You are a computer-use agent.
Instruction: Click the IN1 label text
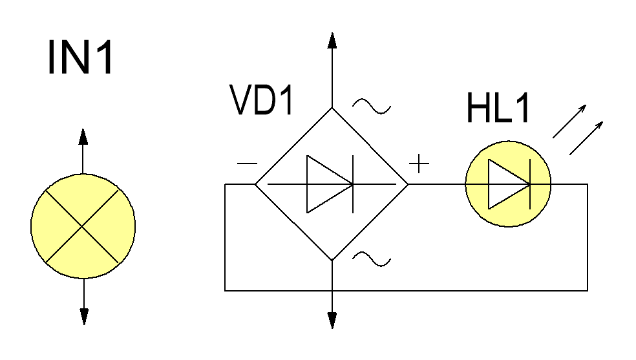pyautogui.click(x=80, y=57)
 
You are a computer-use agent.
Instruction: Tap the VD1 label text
pyautogui.click(x=262, y=100)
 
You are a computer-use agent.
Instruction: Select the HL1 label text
pyautogui.click(x=498, y=107)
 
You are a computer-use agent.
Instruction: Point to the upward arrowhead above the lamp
pyautogui.click(x=83, y=136)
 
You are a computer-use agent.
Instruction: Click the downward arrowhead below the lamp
pyautogui.click(x=84, y=317)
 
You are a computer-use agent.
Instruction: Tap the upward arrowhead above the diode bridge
pyautogui.click(x=332, y=41)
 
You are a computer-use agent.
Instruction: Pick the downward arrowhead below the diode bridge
pyautogui.click(x=332, y=321)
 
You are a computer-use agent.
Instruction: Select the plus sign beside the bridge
pyautogui.click(x=419, y=164)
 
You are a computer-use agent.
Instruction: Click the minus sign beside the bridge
pyautogui.click(x=247, y=164)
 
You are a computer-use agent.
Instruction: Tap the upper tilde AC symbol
pyautogui.click(x=372, y=106)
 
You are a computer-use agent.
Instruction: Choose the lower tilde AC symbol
pyautogui.click(x=372, y=259)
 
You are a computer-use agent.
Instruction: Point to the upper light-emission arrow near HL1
pyautogui.click(x=569, y=122)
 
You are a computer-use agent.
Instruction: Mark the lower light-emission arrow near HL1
pyautogui.click(x=586, y=138)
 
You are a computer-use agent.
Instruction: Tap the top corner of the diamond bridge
pyautogui.click(x=332, y=107)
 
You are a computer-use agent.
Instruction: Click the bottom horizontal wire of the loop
pyautogui.click(x=406, y=291)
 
